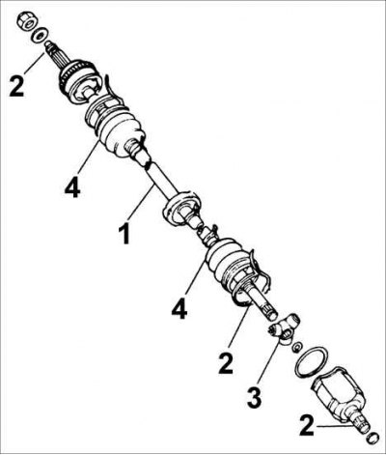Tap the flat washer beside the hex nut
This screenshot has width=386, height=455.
41,35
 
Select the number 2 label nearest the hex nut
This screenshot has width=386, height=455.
16,85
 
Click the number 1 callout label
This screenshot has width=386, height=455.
124,234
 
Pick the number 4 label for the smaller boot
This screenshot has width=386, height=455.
179,308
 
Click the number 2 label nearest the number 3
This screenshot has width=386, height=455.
226,363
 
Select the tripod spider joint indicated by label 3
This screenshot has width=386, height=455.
286,329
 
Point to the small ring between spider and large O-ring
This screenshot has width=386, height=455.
297,348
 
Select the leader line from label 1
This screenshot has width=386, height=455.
140,203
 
